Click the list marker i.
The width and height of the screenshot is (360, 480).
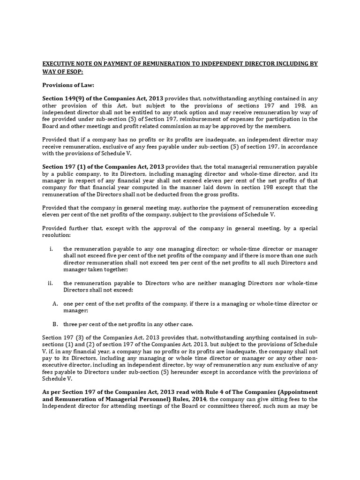point(51,249)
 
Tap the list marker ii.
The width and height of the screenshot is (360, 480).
point(51,283)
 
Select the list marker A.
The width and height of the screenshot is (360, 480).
point(55,304)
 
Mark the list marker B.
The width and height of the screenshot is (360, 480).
point(55,324)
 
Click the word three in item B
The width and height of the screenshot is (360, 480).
point(71,324)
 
